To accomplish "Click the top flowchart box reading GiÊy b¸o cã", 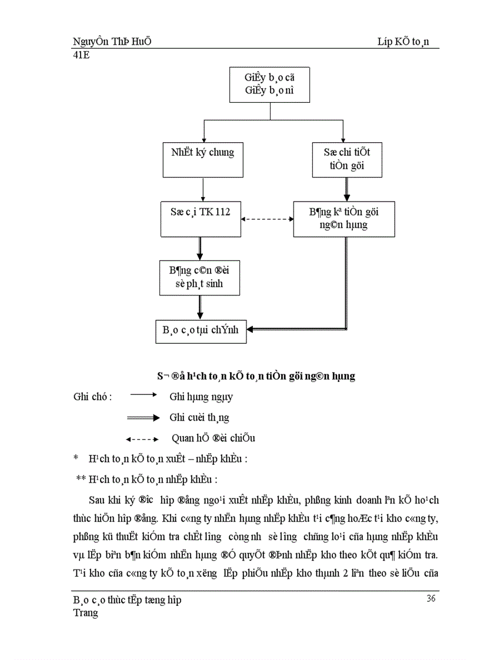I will point(270,85).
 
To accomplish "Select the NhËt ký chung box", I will point(202,159).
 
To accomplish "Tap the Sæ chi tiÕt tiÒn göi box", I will point(346,159).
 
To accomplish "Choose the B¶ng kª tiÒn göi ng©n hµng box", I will point(344,219).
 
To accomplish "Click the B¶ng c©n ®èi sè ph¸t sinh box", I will point(199,278).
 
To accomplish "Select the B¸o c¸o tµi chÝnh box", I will point(200,330).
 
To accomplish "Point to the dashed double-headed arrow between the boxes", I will point(268,219).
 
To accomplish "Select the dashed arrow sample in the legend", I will point(143,438).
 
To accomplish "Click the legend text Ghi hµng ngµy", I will point(201,397).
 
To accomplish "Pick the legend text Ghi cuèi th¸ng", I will point(199,417).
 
